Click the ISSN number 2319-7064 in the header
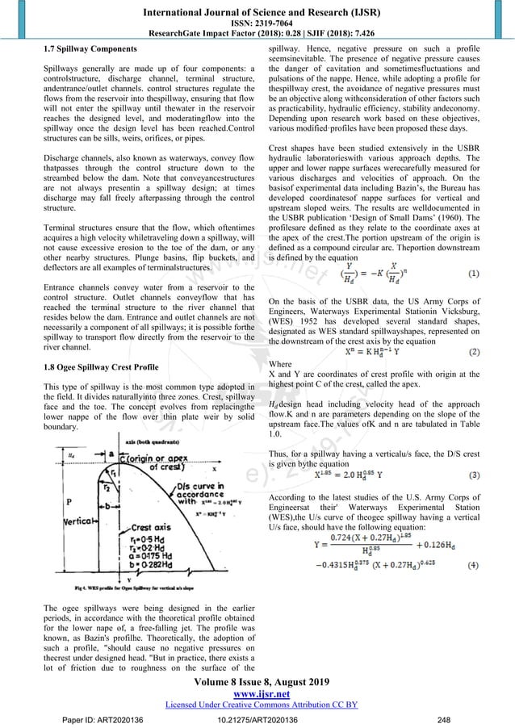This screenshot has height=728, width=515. click(x=257, y=22)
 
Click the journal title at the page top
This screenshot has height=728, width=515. click(x=257, y=9)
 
